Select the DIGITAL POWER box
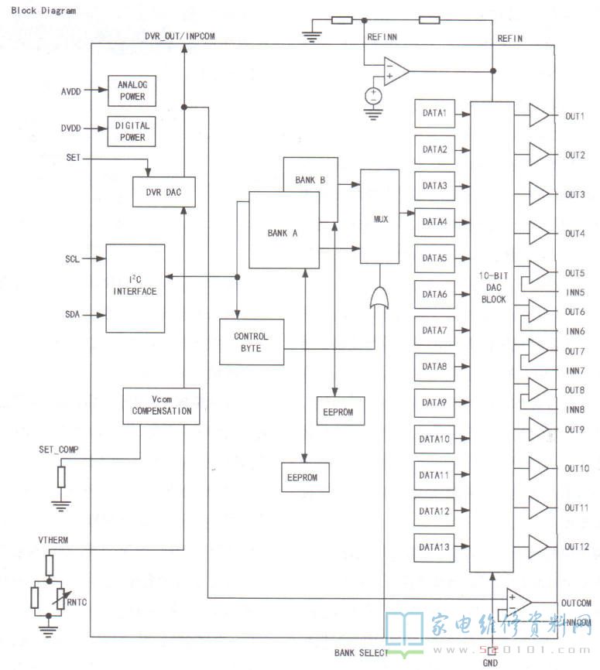coord(132,132)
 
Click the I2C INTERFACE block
coord(135,288)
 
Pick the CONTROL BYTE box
coord(252,342)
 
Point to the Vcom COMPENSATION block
coord(161,405)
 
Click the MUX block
coord(380,219)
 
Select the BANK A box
coord(283,231)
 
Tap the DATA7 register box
coord(435,330)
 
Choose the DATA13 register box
coord(435,548)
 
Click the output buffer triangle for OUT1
coord(539,116)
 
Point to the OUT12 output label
coord(576,547)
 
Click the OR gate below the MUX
coord(380,298)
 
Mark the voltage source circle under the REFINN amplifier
coord(374,95)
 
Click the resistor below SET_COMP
coord(61,477)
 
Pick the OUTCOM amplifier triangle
coord(518,600)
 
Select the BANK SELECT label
coord(360,653)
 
